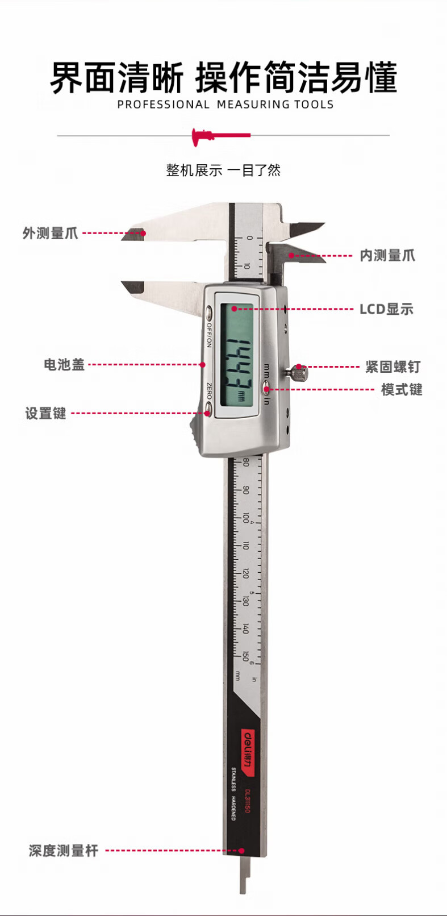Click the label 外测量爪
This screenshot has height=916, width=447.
[x=50, y=233]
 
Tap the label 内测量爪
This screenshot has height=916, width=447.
[x=387, y=256]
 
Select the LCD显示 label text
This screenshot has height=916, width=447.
[x=386, y=309]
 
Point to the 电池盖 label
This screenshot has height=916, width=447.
[x=64, y=364]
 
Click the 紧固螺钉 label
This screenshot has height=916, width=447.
[x=392, y=367]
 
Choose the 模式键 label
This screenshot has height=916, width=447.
[x=402, y=390]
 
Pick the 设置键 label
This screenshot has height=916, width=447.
[x=45, y=413]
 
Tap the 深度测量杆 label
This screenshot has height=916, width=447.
[x=64, y=851]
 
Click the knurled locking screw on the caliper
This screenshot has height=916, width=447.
[x=297, y=374]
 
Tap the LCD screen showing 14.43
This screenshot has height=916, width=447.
[x=237, y=356]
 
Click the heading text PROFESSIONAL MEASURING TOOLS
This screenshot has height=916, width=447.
[x=225, y=105]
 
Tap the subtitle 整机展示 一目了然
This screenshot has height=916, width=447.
[x=223, y=170]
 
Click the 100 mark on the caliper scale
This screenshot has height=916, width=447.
[x=246, y=517]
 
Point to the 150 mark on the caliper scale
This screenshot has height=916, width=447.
[x=246, y=656]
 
